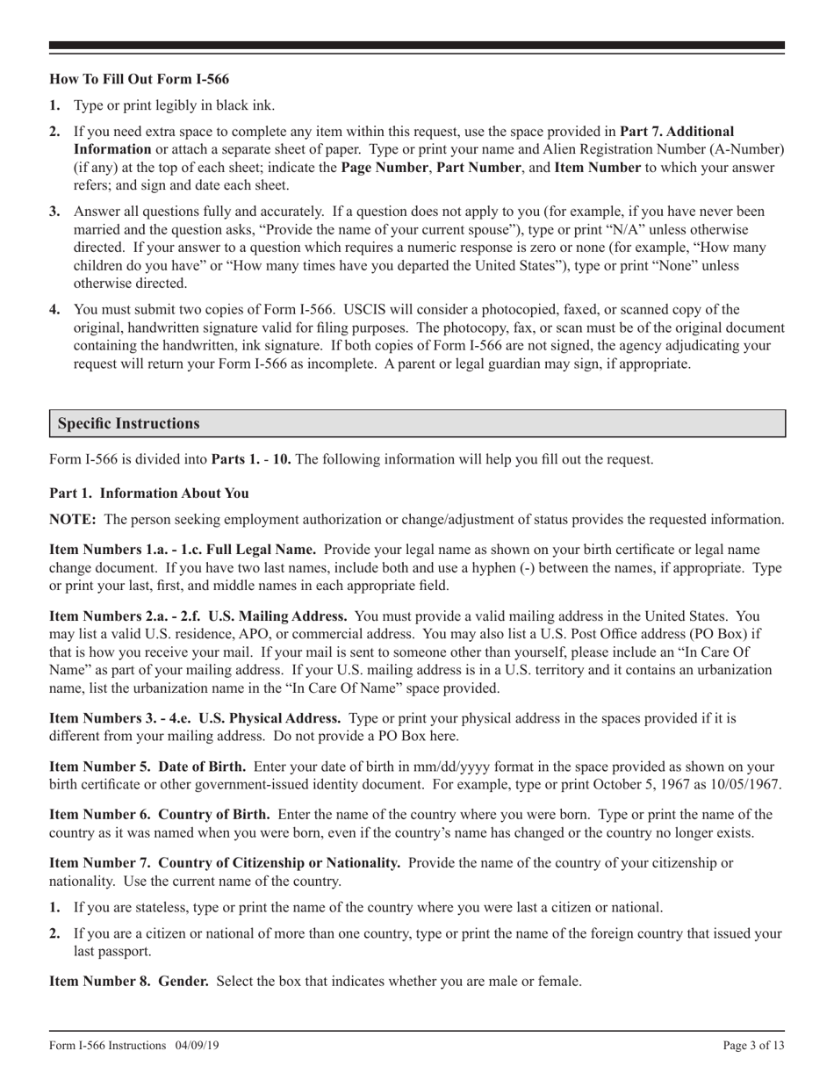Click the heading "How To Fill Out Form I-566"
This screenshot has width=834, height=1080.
[x=139, y=78]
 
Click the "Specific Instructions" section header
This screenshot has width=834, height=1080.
[x=129, y=423]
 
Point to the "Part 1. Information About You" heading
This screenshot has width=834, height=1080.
[x=148, y=493]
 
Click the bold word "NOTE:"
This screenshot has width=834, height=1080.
[x=73, y=520]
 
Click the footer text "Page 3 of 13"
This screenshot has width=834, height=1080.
[x=753, y=1045]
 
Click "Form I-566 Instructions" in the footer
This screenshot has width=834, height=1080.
[x=108, y=1045]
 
